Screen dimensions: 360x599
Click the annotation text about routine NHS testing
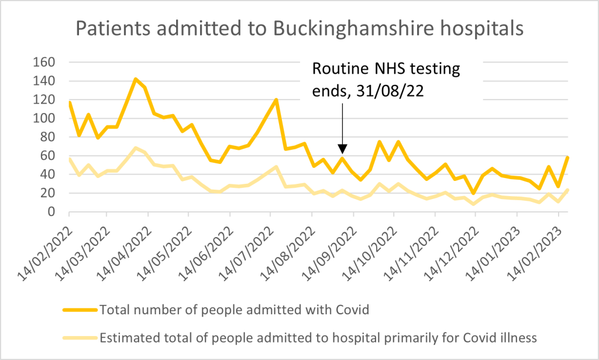386,78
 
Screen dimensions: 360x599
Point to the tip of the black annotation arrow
343,152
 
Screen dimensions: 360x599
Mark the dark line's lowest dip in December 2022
473,193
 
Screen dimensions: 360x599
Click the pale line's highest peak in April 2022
136,148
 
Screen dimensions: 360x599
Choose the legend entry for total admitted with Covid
234,310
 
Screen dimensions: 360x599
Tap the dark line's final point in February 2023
568,157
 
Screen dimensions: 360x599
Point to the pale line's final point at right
568,190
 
